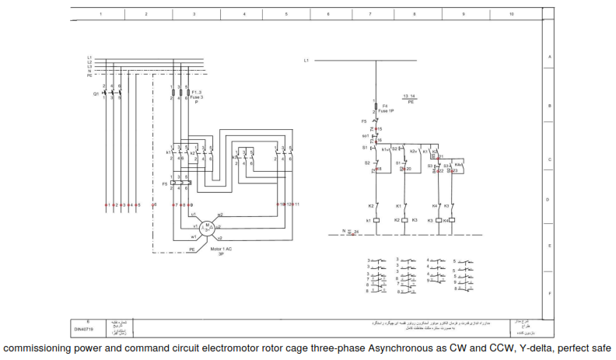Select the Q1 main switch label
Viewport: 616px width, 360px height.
point(96,93)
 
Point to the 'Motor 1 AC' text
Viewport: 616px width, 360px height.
point(222,249)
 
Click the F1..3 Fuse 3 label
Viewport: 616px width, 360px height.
point(198,93)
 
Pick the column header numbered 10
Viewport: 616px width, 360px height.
point(511,14)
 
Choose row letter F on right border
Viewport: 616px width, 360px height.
point(549,293)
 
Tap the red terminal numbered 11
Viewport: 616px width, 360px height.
point(296,204)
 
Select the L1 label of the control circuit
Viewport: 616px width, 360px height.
point(306,60)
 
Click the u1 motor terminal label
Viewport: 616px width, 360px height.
point(193,213)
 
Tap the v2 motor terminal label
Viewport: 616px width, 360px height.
point(220,237)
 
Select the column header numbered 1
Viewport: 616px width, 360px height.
point(101,14)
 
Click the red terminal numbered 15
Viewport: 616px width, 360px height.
point(378,128)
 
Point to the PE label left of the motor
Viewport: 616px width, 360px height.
point(192,249)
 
